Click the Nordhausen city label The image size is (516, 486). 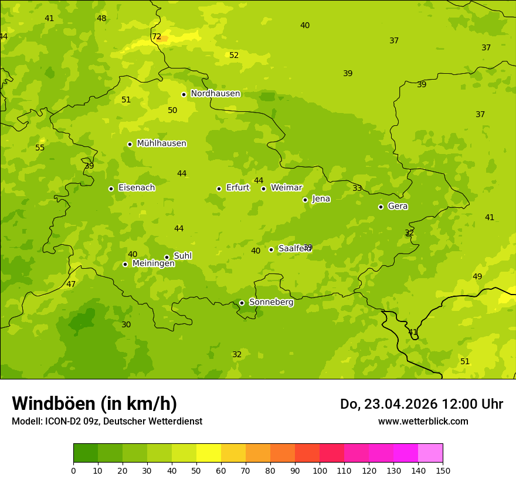click(x=215, y=94)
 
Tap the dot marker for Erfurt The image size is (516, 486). click(x=219, y=189)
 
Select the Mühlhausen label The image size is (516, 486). click(x=161, y=143)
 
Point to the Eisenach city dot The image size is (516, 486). click(x=111, y=189)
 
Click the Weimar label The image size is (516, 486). click(x=286, y=188)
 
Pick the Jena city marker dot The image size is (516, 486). click(x=305, y=200)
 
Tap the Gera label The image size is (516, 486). click(x=398, y=206)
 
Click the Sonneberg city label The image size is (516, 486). click(x=271, y=302)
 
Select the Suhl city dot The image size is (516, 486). click(x=167, y=257)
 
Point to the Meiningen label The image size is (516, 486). click(x=153, y=263)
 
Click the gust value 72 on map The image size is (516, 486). click(x=157, y=36)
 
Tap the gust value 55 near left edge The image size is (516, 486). click(x=40, y=148)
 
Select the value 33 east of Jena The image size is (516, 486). click(x=357, y=188)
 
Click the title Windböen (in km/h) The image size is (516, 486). click(x=94, y=403)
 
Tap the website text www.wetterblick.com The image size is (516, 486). click(x=423, y=421)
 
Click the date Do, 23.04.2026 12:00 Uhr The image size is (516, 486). click(x=421, y=404)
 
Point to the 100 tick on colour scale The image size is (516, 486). click(x=320, y=470)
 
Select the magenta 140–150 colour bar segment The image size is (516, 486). click(x=430, y=453)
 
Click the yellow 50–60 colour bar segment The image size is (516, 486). click(x=209, y=453)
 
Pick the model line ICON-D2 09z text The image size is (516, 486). click(x=107, y=421)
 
